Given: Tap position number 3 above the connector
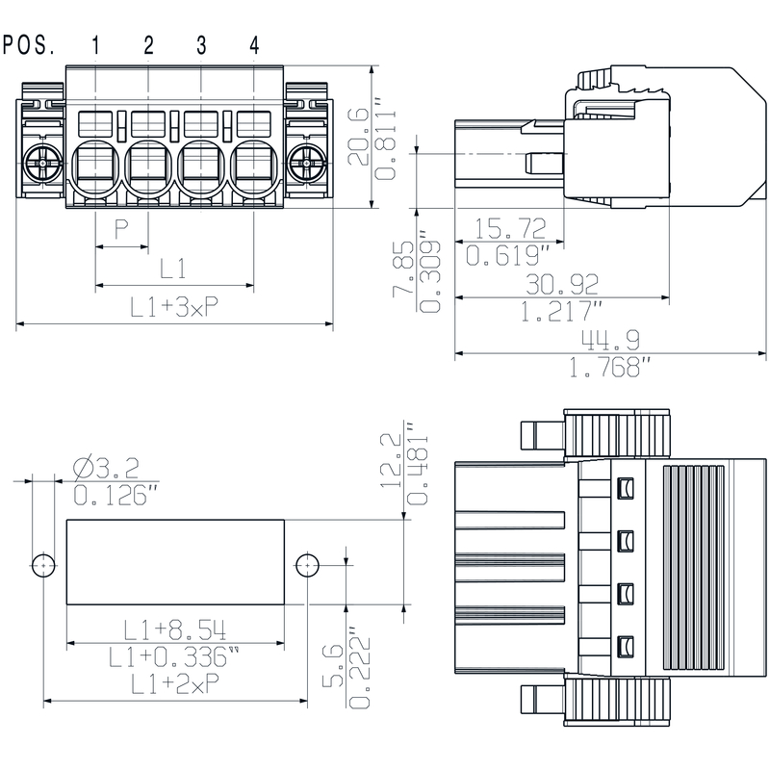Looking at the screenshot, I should (x=201, y=44).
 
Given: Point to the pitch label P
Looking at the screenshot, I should (x=121, y=229).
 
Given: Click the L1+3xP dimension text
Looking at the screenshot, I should (x=174, y=307).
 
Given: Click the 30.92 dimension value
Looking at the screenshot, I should (x=562, y=283).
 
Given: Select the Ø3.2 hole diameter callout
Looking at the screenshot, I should (x=106, y=469).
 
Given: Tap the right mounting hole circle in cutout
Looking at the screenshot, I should (x=307, y=564).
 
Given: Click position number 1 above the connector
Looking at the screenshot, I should (x=96, y=44).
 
